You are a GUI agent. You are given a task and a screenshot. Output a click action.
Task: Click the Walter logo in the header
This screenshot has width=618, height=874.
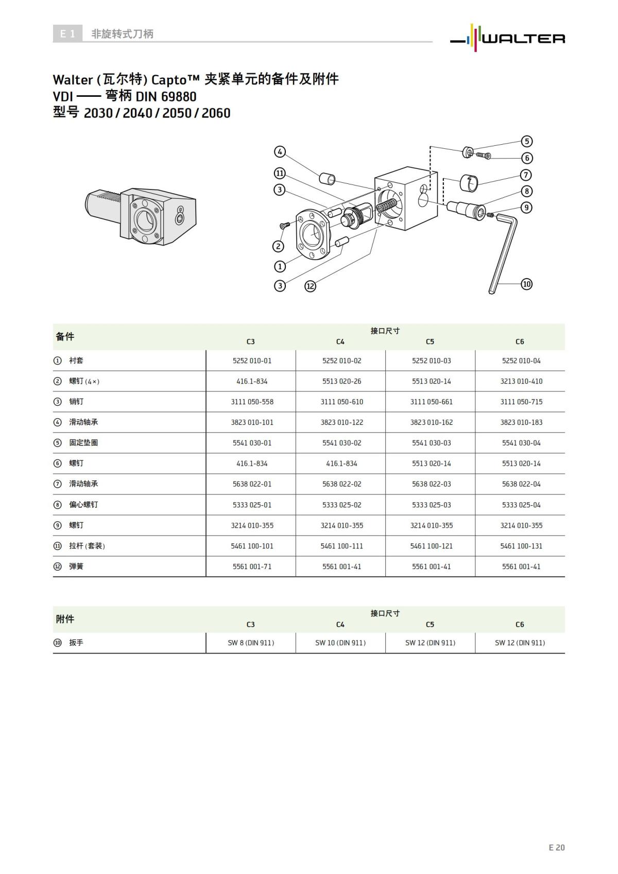click(x=508, y=37)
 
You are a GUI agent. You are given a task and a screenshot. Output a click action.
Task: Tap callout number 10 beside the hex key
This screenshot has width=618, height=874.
click(x=526, y=284)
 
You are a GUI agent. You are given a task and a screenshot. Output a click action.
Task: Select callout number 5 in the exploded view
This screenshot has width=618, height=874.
click(x=526, y=141)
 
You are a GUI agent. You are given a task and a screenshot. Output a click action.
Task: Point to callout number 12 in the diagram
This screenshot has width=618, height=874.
click(x=310, y=286)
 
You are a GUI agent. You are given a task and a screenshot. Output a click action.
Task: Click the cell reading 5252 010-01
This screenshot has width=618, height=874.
click(x=252, y=361)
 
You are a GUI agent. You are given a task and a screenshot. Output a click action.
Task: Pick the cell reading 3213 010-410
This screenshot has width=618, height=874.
click(x=521, y=381)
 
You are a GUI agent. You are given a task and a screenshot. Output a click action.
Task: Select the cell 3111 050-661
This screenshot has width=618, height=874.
click(x=431, y=402)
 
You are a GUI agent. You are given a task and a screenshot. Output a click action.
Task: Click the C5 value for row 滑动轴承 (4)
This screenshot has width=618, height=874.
click(x=431, y=422)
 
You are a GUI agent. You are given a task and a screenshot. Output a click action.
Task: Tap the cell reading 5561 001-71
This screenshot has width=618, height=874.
click(x=252, y=567)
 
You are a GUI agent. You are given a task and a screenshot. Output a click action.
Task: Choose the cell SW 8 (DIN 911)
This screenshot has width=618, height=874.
click(x=251, y=643)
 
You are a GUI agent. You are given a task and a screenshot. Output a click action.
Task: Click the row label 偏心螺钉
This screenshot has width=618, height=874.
click(x=83, y=505)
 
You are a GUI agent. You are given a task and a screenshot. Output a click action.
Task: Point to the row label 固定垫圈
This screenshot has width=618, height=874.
click(x=83, y=443)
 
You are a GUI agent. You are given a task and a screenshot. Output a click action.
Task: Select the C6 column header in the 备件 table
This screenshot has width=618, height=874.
click(x=520, y=341)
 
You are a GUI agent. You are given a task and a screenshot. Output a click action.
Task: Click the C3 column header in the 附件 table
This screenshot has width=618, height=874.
click(x=250, y=624)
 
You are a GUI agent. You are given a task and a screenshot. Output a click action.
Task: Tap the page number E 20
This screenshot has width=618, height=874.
click(x=556, y=847)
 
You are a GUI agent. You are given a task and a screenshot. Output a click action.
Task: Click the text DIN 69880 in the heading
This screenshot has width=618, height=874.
click(x=166, y=96)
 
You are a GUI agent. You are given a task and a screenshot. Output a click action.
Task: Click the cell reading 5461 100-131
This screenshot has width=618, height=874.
click(x=521, y=546)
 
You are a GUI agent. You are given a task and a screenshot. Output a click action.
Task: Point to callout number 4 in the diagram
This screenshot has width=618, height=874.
click(x=280, y=152)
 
